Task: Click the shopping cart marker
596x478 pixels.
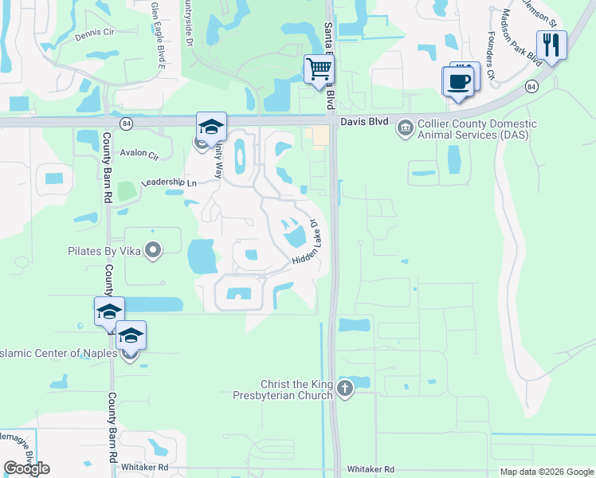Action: pyautogui.click(x=319, y=69)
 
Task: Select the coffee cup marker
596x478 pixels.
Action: pyautogui.click(x=458, y=81)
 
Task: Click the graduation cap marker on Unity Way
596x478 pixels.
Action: pyautogui.click(x=211, y=127)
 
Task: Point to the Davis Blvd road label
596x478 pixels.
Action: pyautogui.click(x=363, y=123)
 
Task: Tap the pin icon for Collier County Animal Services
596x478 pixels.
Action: pyautogui.click(x=406, y=125)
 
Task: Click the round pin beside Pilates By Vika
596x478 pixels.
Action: pyautogui.click(x=155, y=251)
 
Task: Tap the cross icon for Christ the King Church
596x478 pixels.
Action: pyautogui.click(x=344, y=389)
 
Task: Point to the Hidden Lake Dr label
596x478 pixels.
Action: pyautogui.click(x=308, y=243)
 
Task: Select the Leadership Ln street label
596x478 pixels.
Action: pyautogui.click(x=169, y=182)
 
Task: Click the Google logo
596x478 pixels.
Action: pyautogui.click(x=26, y=468)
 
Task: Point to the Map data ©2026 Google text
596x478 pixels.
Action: pyautogui.click(x=547, y=472)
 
